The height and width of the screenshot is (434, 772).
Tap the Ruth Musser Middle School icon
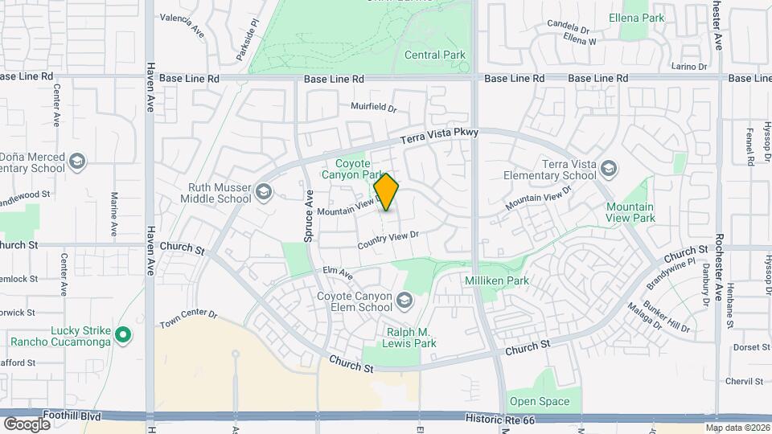tap(264, 192)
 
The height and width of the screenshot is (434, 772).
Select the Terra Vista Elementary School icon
tap(610, 168)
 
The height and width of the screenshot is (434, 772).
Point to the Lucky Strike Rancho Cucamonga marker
tap(122, 334)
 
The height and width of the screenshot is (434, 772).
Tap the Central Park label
tap(435, 55)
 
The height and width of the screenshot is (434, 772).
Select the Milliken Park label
tap(497, 280)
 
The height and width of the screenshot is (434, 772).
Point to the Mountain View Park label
tap(630, 212)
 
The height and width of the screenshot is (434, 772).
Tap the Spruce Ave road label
tap(308, 216)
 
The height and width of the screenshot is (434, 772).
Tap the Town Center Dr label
tap(189, 318)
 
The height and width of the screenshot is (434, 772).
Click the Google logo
tap(27, 424)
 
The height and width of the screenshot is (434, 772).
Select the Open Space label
tap(538, 402)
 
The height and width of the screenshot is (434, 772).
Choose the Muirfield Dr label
tap(374, 107)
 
